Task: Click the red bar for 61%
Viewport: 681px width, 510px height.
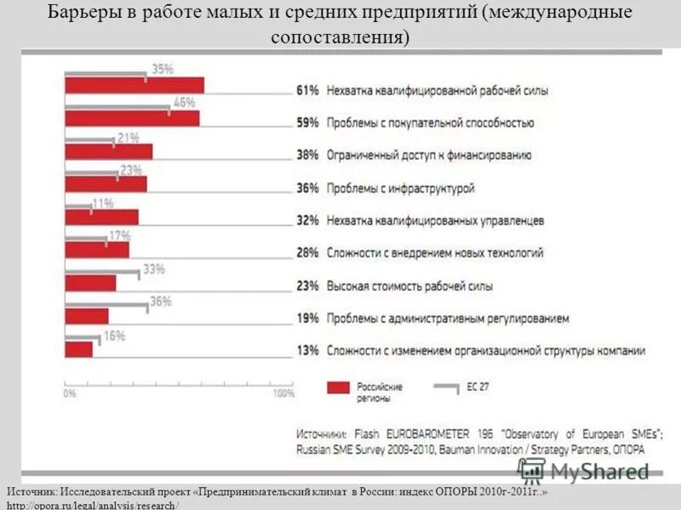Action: point(134,86)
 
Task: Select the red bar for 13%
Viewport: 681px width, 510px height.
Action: point(79,348)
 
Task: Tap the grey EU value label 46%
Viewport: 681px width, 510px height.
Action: point(185,103)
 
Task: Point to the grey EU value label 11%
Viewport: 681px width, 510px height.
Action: point(103,203)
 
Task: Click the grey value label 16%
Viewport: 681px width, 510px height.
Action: point(113,336)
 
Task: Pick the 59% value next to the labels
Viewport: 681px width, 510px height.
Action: point(307,122)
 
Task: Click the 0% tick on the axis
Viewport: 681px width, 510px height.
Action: point(70,394)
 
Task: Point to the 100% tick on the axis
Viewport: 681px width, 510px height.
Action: point(283,394)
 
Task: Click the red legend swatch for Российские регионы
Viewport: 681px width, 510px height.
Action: point(340,388)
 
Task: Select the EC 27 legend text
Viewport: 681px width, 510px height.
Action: point(478,388)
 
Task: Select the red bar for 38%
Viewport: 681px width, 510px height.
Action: point(109,151)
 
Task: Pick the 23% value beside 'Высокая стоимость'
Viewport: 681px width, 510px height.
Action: point(307,286)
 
